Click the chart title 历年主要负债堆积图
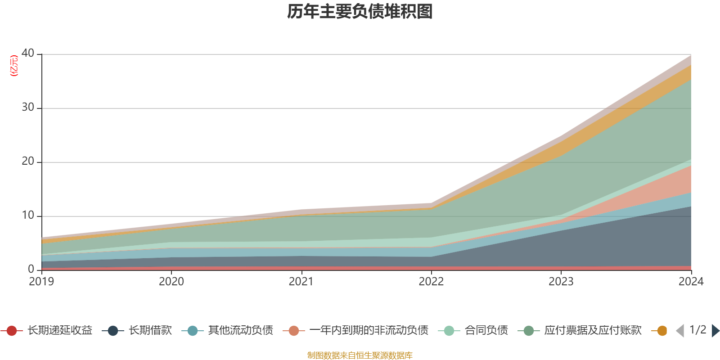click(x=360, y=12)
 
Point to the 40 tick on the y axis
click(x=28, y=53)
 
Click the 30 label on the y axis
click(x=28, y=107)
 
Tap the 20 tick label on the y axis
click(x=28, y=161)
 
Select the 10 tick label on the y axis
click(x=28, y=215)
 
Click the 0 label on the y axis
click(x=31, y=269)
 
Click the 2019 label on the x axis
click(x=41, y=282)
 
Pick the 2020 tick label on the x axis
click(x=171, y=282)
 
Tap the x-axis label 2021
click(x=301, y=282)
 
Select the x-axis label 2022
click(x=431, y=282)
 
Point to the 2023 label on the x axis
click(x=561, y=282)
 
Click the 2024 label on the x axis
click(x=691, y=282)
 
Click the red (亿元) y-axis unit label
click(x=14, y=66)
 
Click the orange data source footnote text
click(x=360, y=355)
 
